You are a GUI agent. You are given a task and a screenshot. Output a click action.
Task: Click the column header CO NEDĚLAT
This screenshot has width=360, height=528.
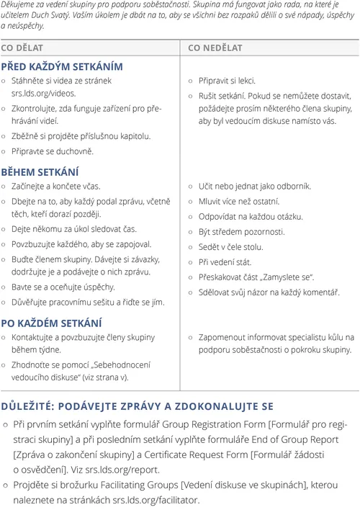215,48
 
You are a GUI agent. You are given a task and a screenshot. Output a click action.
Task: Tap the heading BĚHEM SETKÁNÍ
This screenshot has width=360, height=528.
40,172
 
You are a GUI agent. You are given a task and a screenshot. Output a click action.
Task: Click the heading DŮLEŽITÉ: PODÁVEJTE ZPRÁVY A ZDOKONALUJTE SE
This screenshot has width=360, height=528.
137,406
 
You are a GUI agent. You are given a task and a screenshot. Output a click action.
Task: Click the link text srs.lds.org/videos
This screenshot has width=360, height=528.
43,94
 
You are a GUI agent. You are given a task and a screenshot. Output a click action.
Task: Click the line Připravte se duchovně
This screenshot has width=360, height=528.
53,151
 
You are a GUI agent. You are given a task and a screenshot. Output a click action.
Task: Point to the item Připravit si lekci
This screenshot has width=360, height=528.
227,81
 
